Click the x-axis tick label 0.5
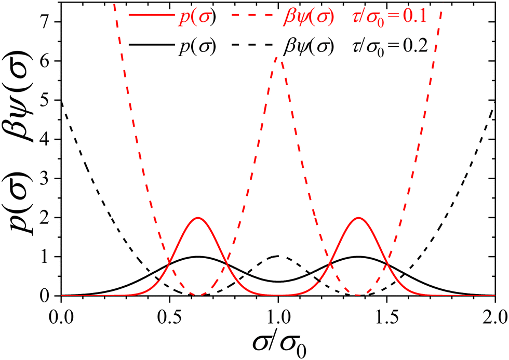pyautogui.click(x=169, y=315)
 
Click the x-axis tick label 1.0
pyautogui.click(x=278, y=315)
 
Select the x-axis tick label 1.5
pyautogui.click(x=387, y=315)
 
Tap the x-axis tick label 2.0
pyautogui.click(x=494, y=315)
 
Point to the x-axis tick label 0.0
pyautogui.click(x=61, y=315)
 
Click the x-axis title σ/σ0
pyautogui.click(x=278, y=343)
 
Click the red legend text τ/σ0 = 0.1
pyautogui.click(x=387, y=17)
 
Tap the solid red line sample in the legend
pyautogui.click(x=149, y=16)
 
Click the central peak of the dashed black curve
pyautogui.click(x=278, y=256)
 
